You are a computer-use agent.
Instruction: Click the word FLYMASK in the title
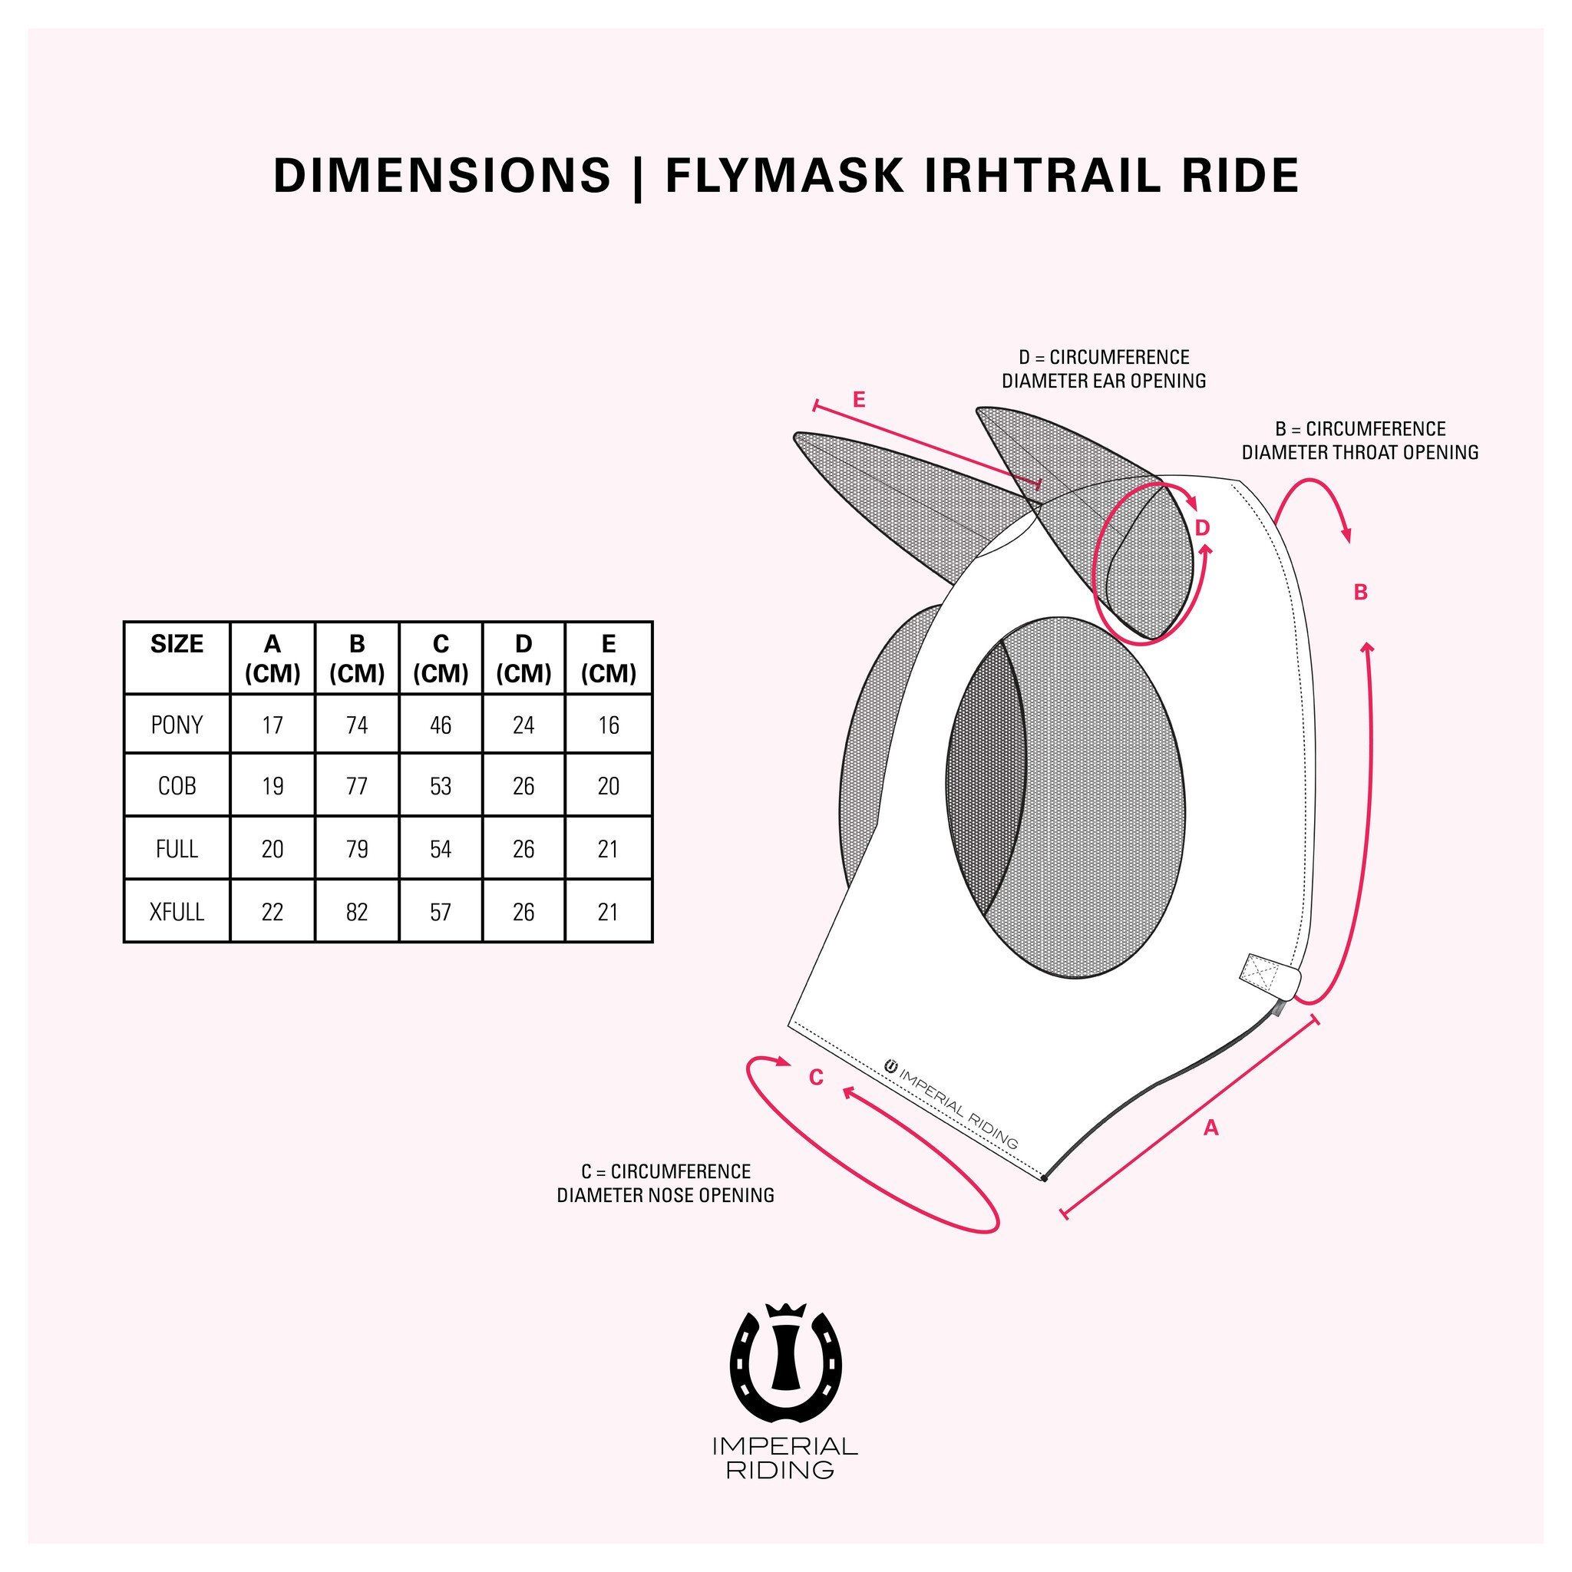[x=784, y=175]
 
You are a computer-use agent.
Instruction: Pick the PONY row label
[x=177, y=725]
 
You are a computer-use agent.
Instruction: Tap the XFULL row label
[x=177, y=912]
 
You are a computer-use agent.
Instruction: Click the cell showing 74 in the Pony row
[x=356, y=725]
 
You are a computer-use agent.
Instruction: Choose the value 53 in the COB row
[x=440, y=786]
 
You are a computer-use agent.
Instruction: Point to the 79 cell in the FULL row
[x=356, y=850]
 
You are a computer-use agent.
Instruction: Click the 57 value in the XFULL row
[x=440, y=912]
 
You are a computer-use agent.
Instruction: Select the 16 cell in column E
[x=608, y=725]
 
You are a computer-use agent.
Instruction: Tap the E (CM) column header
[x=608, y=659]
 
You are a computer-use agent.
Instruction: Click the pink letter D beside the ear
[x=1203, y=528]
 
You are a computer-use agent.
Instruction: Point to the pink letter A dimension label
[x=1210, y=1128]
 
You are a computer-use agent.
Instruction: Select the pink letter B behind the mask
[x=1360, y=593]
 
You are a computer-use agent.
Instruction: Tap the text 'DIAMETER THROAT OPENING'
[x=1359, y=452]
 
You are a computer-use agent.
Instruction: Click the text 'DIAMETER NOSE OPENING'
[x=665, y=1195]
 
